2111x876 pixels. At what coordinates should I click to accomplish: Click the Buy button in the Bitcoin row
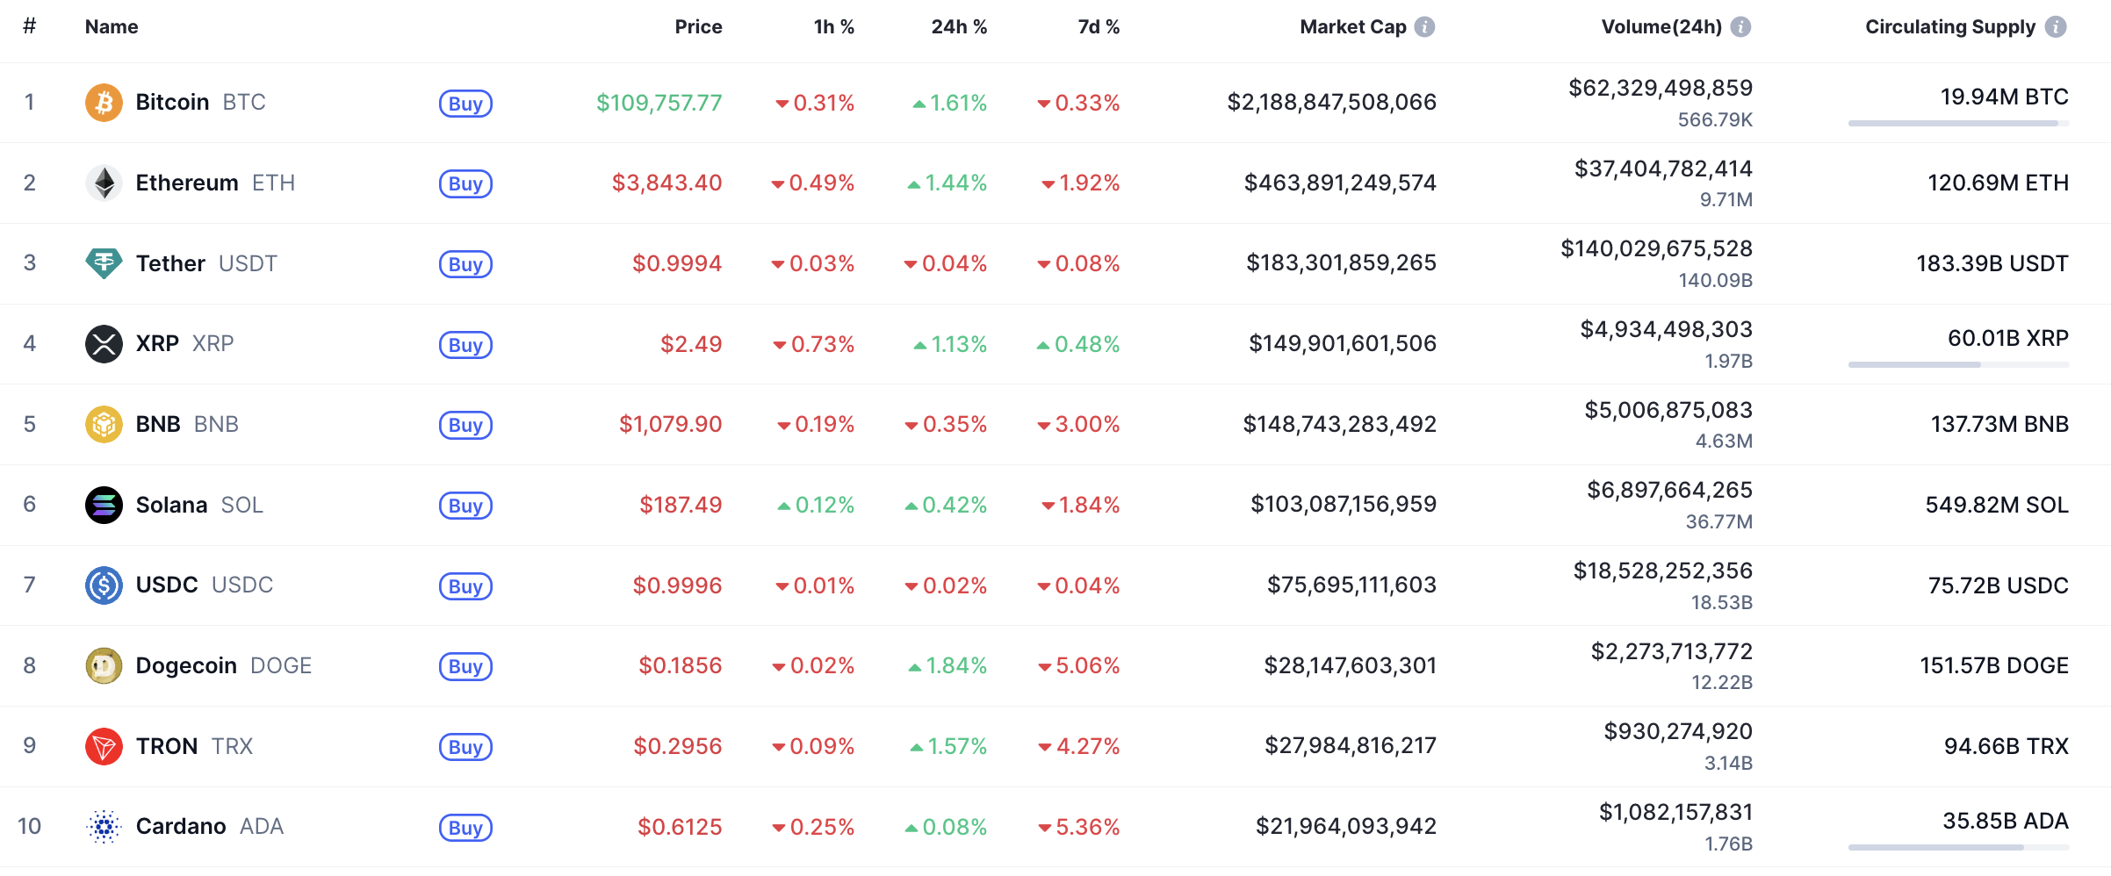click(x=465, y=104)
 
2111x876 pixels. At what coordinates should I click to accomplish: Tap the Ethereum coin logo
click(x=104, y=183)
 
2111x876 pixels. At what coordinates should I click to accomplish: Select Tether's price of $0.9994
click(x=677, y=263)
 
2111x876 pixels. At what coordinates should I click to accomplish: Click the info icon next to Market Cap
click(x=1425, y=27)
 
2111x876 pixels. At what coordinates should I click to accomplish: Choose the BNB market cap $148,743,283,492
click(x=1339, y=424)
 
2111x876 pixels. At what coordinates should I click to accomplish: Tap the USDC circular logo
click(x=104, y=585)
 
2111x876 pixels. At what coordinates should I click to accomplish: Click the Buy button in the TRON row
click(x=465, y=747)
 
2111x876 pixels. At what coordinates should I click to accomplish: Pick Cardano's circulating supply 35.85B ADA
click(x=2005, y=821)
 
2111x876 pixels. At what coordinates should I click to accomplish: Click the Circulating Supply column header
click(x=1949, y=27)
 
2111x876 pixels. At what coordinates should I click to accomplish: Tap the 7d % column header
click(x=1099, y=27)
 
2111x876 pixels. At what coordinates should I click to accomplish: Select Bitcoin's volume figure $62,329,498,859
click(x=1660, y=88)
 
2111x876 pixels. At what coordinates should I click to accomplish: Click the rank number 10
click(x=29, y=826)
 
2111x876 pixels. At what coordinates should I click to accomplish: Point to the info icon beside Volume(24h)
click(x=1740, y=27)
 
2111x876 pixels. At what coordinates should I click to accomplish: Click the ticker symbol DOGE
click(x=281, y=665)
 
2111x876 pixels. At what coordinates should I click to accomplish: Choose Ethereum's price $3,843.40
click(x=666, y=183)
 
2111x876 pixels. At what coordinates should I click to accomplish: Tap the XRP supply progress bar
click(x=1958, y=364)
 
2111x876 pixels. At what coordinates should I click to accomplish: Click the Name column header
click(x=112, y=27)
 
